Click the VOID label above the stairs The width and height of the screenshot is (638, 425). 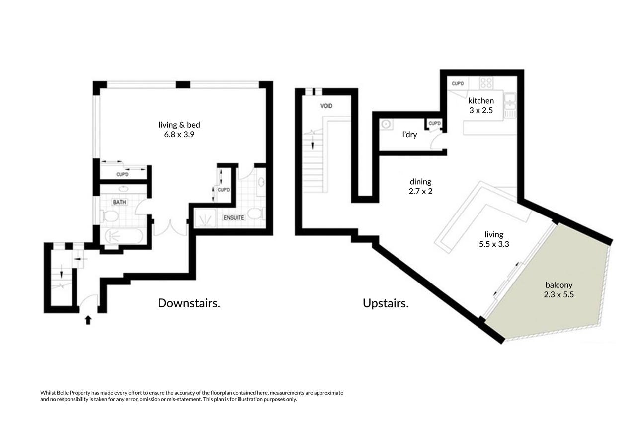tap(326, 106)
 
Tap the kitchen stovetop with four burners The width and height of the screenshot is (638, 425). tap(486, 83)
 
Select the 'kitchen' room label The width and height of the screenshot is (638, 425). tap(481, 101)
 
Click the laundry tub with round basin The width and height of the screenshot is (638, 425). tap(386, 124)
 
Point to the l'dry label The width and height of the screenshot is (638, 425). tap(409, 135)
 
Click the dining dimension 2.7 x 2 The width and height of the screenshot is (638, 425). tap(420, 191)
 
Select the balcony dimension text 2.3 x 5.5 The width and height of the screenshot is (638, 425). tap(558, 294)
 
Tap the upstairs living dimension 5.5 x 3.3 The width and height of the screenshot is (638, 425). tap(494, 244)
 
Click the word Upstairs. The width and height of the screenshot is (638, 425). tap(386, 303)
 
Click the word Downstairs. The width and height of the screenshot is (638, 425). tap(189, 303)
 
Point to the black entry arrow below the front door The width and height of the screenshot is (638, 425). tap(88, 320)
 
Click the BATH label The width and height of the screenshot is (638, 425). tap(119, 202)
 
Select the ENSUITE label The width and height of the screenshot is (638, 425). tap(234, 218)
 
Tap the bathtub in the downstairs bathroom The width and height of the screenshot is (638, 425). tap(124, 236)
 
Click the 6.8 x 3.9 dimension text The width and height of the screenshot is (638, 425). tap(179, 135)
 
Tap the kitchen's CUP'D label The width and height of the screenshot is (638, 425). tap(458, 84)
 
